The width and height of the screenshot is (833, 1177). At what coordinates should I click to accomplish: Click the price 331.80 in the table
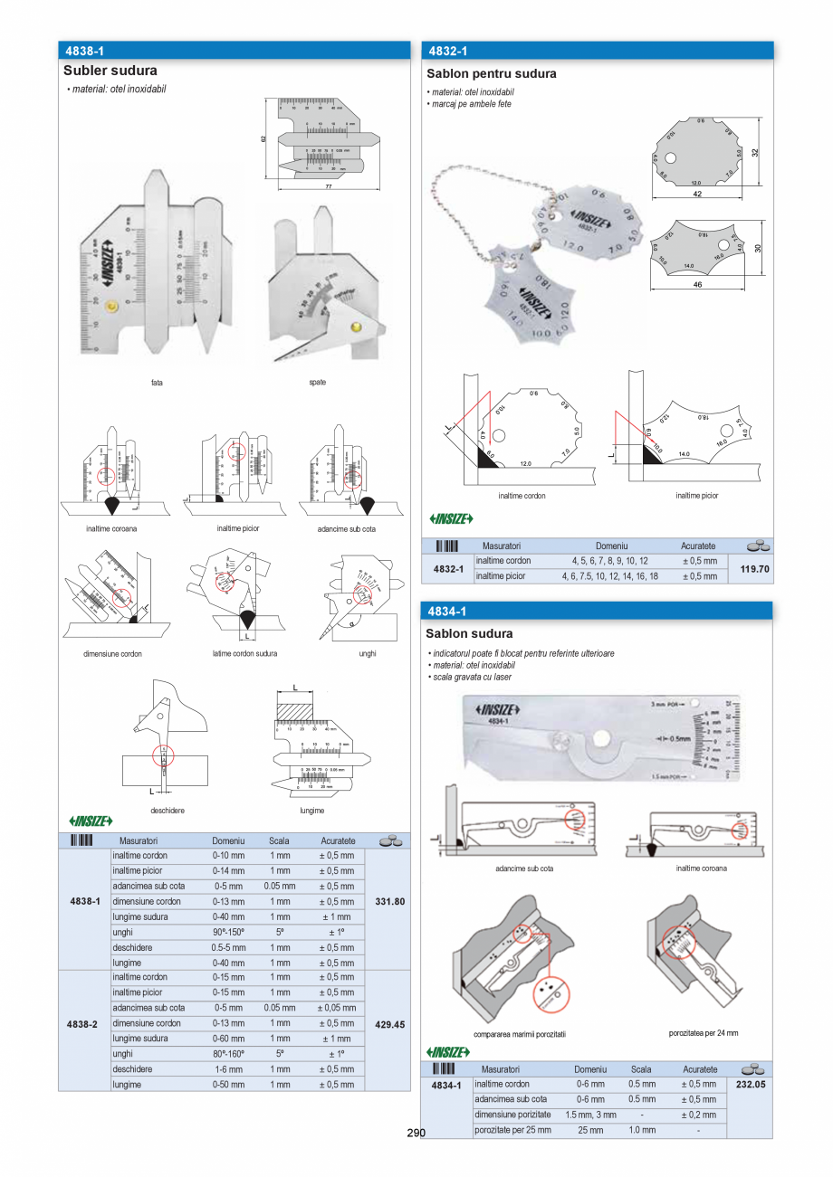pos(389,902)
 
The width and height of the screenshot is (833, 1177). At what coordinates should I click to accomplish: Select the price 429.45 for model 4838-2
pos(389,1024)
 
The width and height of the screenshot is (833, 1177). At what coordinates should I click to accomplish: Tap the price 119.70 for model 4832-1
pos(754,569)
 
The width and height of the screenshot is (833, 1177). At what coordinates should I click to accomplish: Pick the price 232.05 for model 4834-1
pos(752,1084)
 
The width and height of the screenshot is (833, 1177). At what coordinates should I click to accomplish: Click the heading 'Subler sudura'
pos(110,71)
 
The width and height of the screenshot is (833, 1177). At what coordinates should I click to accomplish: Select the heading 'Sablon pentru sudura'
pos(492,74)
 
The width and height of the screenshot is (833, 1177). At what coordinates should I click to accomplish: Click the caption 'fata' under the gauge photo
pos(158,383)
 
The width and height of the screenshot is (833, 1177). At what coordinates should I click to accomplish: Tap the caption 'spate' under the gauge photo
pos(317,383)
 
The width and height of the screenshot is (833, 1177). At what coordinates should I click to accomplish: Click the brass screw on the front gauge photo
pos(110,308)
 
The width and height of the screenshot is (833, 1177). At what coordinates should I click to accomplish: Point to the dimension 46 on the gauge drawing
pos(696,284)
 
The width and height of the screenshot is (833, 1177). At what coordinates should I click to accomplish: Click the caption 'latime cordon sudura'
pos(244,653)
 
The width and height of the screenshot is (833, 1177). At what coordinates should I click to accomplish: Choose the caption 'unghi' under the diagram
pos(367,653)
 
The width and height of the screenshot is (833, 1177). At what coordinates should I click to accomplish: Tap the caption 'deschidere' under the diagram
pos(168,811)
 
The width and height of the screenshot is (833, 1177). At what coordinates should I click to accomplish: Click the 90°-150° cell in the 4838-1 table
pos(227,932)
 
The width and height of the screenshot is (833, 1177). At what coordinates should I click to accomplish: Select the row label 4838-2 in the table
pos(83,1024)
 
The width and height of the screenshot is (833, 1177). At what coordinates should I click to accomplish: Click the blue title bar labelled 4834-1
pos(597,612)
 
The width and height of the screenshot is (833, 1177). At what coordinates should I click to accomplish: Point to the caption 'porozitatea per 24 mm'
pos(704,1032)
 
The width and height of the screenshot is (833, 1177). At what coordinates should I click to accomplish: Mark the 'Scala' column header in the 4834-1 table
pos(641,1069)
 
